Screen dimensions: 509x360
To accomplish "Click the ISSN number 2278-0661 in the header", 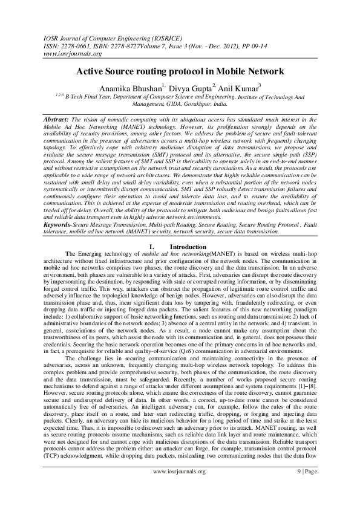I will tap(76, 45).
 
